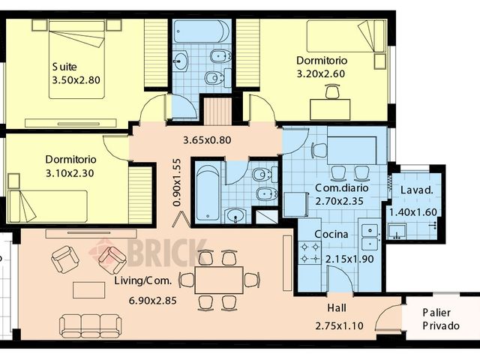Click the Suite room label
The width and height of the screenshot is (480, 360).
tap(64, 65)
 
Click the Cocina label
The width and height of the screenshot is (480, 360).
tap(331, 235)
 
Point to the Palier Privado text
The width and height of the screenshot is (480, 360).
tap(440, 319)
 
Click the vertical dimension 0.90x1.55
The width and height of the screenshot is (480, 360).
tap(177, 182)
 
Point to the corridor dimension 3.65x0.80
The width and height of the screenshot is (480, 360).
tap(207, 139)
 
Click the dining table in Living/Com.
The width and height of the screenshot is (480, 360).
tap(218, 279)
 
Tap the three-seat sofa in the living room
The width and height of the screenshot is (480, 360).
tap(90, 325)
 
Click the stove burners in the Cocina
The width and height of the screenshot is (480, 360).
tap(310, 251)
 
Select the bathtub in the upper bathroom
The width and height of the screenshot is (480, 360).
tap(201, 31)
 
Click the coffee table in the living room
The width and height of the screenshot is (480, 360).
tap(88, 289)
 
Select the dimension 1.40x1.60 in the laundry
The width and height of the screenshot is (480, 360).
tap(412, 212)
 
